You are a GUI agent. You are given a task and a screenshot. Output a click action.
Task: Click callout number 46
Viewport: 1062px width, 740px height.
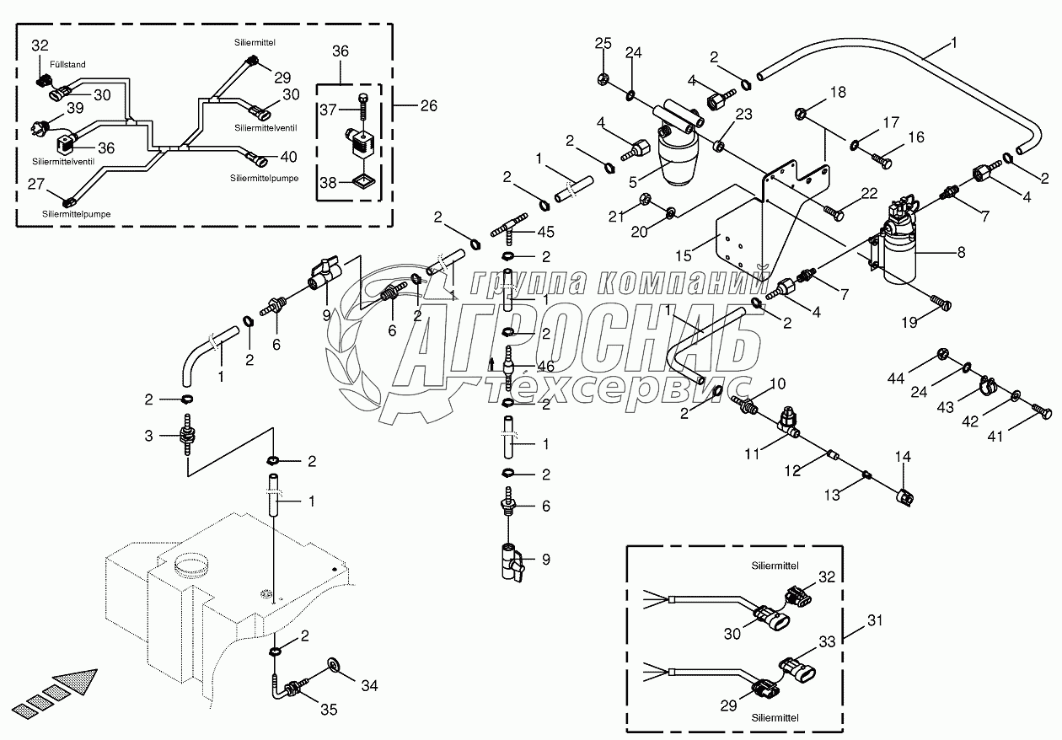(x=546, y=367)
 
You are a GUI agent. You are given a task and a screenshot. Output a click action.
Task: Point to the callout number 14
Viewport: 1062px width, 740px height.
(x=903, y=458)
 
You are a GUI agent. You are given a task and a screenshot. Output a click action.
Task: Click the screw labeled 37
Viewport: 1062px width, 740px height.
(x=362, y=105)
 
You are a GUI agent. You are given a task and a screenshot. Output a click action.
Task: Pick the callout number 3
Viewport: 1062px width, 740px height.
(x=149, y=435)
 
